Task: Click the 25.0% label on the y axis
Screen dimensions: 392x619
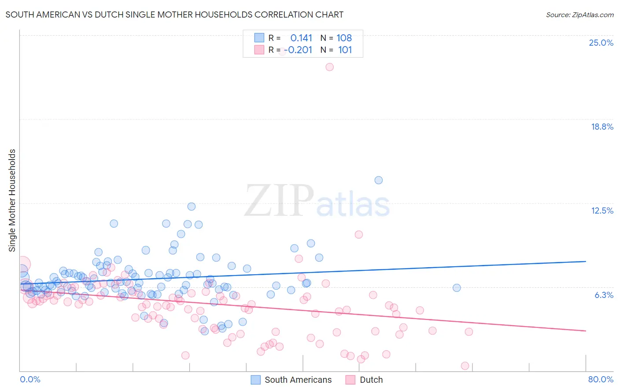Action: pos(601,43)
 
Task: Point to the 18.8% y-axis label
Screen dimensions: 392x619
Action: pos(602,127)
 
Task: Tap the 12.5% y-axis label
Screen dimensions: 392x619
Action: pos(602,211)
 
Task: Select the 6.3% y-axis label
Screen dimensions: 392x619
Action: pos(604,295)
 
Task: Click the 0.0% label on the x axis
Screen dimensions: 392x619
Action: pos(30,379)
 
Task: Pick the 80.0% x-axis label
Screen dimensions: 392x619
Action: pos(601,379)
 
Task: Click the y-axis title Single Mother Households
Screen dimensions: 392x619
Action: pos(12,200)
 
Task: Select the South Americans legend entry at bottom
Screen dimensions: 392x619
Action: pos(298,380)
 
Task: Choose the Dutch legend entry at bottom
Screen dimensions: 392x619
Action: pos(371,380)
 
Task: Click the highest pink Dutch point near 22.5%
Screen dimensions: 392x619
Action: pos(329,67)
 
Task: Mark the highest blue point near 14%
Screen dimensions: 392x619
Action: pos(378,180)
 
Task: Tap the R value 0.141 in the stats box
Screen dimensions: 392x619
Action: pos(301,38)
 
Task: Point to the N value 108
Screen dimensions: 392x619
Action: pos(344,38)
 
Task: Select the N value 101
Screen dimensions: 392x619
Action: pos(345,50)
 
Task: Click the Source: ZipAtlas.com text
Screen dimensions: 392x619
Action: pos(579,15)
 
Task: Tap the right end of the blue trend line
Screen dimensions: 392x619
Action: pos(586,261)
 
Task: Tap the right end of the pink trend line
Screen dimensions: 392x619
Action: pos(586,330)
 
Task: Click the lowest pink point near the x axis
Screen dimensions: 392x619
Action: pos(464,366)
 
